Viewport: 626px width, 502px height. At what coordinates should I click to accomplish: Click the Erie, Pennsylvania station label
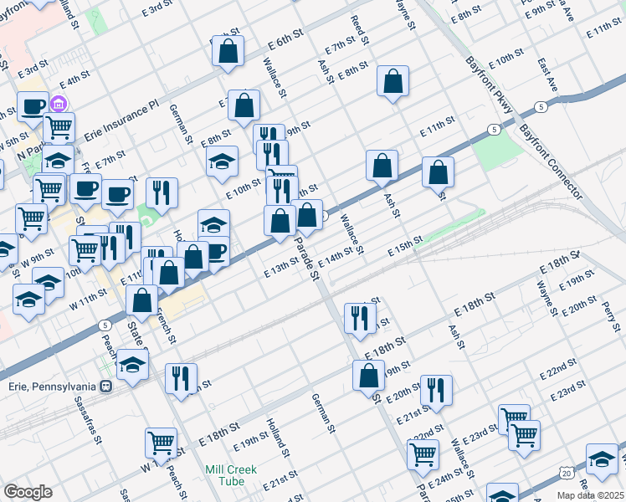[52, 386]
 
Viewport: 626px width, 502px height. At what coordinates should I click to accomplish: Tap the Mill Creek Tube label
[231, 475]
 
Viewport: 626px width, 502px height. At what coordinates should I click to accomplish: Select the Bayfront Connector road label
[549, 162]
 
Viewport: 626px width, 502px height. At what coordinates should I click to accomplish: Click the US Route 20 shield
[568, 474]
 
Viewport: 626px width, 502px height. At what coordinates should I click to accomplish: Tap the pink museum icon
[59, 105]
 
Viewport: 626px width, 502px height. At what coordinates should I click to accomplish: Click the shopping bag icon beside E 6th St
[228, 52]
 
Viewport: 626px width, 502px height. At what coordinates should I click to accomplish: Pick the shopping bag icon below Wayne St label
[393, 81]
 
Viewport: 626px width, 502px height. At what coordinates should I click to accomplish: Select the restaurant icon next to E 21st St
[436, 390]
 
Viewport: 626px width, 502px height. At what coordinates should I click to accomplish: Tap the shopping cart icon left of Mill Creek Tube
[161, 443]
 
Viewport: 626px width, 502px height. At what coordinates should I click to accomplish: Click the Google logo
[27, 492]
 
